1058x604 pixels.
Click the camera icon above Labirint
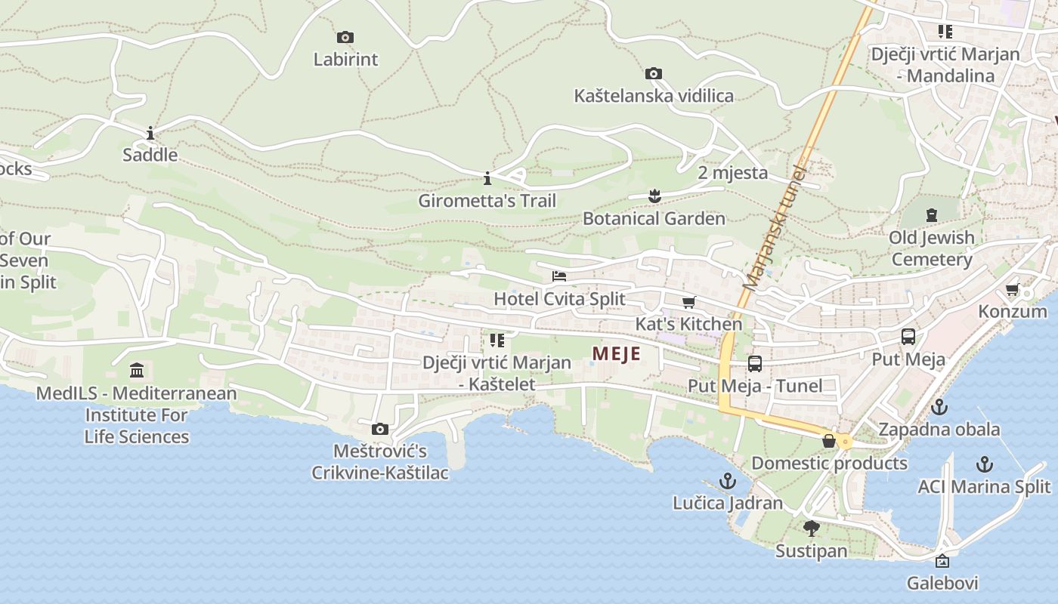[345, 37]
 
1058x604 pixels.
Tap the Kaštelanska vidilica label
[654, 96]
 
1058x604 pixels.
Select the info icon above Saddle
[150, 134]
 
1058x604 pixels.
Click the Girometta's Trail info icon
[487, 179]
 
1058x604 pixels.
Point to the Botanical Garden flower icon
[654, 196]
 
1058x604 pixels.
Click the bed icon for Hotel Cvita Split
[559, 276]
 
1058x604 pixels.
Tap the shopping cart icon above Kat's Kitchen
[688, 303]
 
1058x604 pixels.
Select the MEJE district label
[616, 354]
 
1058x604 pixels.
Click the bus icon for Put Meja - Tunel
[755, 364]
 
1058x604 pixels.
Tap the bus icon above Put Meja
[908, 337]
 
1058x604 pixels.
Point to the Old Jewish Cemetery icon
[931, 215]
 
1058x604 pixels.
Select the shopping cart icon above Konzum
[1013, 290]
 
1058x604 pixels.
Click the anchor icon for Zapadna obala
[939, 407]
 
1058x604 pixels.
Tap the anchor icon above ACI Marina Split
[984, 464]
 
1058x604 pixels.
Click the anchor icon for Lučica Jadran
[727, 481]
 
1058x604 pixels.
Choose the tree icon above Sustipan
[812, 528]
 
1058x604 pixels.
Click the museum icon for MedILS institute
[137, 371]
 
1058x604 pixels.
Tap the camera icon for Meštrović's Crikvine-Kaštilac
[380, 430]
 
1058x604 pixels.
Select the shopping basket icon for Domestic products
[829, 441]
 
